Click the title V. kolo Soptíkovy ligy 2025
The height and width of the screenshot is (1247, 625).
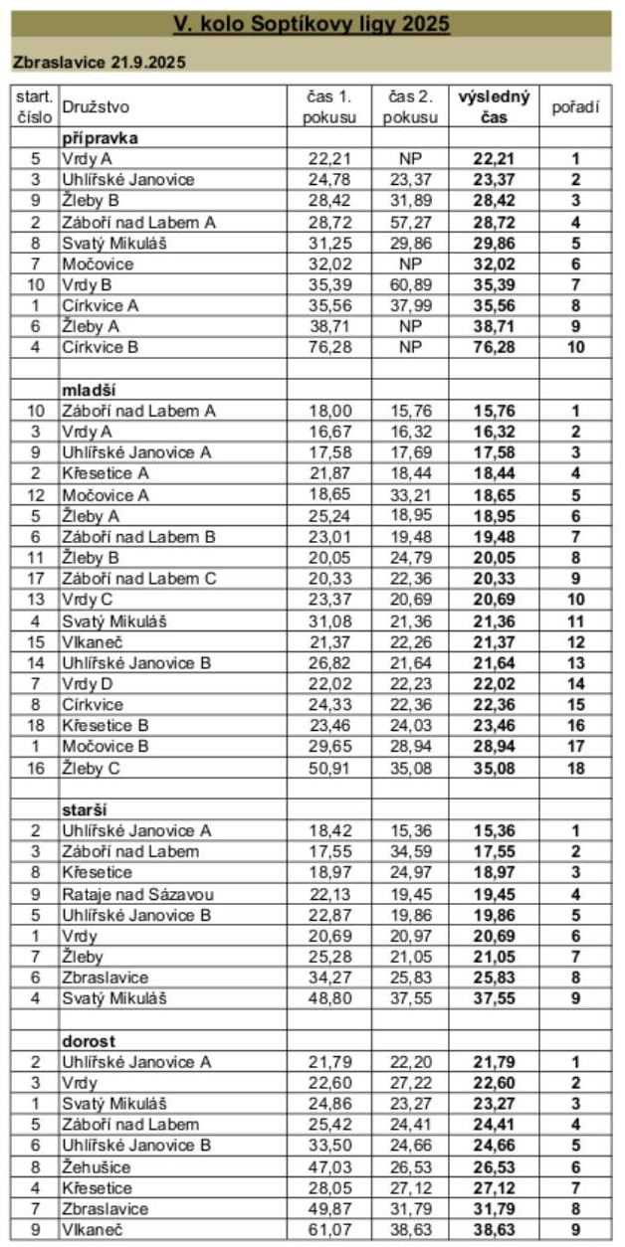[x=312, y=24]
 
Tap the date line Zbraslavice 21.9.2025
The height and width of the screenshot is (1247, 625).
[x=100, y=62]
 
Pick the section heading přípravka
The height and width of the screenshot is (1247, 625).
[x=99, y=137]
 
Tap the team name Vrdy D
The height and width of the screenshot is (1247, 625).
[x=88, y=661]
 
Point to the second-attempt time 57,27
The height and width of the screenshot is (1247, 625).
[x=408, y=222]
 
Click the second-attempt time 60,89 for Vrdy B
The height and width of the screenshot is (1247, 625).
[x=408, y=284]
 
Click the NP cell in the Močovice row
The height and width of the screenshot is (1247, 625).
[x=408, y=264]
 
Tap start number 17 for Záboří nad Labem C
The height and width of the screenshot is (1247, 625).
[x=35, y=578]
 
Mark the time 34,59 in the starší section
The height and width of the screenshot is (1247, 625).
[x=408, y=850]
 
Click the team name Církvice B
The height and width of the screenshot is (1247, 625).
[x=100, y=347]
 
